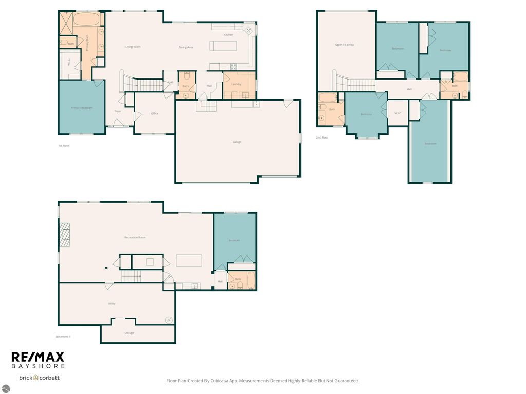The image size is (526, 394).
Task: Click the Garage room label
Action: coord(237,142)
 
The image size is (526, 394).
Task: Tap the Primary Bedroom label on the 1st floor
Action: coord(82,108)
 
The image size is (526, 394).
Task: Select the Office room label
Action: coord(154,113)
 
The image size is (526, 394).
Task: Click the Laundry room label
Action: coord(236,84)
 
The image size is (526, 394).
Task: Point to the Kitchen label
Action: coord(228,35)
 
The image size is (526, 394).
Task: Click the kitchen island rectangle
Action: coord(223,46)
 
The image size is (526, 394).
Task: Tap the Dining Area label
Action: coord(186,47)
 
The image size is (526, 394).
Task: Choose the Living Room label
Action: coord(133,47)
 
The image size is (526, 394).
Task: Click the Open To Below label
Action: coord(345,45)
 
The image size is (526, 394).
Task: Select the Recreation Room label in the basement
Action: coord(135,237)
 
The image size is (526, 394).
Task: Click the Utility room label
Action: coord(111,303)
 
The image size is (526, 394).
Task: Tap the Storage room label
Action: coord(129,333)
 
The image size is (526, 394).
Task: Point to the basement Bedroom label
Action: coord(234,240)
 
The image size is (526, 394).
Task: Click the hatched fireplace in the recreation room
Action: coord(64,235)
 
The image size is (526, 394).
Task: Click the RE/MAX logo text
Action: coord(38,357)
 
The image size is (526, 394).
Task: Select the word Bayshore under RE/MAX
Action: coord(38,366)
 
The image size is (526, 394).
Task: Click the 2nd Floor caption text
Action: coord(322,137)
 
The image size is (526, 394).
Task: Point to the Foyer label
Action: coord(118,111)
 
